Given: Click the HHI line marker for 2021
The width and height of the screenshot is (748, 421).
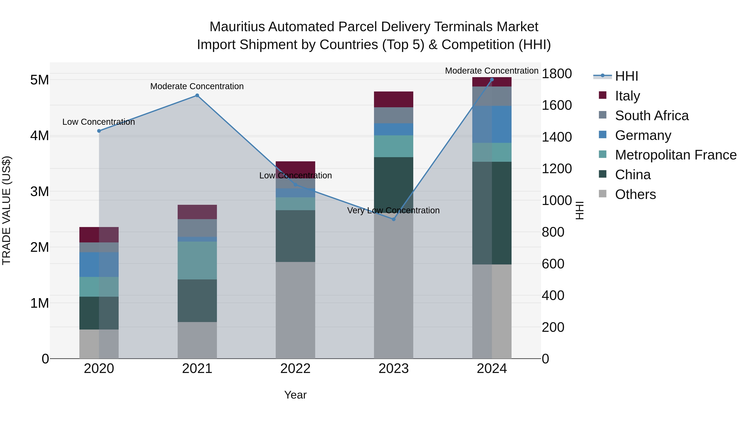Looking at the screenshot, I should (x=197, y=95).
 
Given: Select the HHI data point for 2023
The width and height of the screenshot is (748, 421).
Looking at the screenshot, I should (x=394, y=219).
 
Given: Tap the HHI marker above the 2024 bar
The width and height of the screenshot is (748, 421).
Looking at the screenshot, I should (x=492, y=80).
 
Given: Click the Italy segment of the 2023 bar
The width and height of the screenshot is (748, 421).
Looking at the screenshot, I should (x=394, y=99).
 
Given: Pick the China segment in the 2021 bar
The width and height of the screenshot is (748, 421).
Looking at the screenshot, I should (x=197, y=300).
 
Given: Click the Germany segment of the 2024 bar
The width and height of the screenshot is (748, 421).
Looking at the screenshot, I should (x=492, y=124).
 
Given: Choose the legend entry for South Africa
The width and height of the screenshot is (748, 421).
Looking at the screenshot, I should (x=651, y=116).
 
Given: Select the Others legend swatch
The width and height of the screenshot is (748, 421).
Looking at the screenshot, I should (x=603, y=194).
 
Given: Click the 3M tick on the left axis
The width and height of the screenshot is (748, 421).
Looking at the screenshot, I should (x=39, y=191).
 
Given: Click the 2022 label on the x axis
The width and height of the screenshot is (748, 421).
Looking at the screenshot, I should (x=295, y=369).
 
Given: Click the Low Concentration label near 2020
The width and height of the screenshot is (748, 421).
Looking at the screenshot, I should (x=98, y=122).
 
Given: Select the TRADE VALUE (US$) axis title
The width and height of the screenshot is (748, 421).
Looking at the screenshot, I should (x=6, y=210).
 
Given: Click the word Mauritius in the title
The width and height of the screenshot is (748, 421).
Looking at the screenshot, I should (x=237, y=27).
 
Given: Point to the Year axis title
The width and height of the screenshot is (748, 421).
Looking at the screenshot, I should (x=295, y=395).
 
